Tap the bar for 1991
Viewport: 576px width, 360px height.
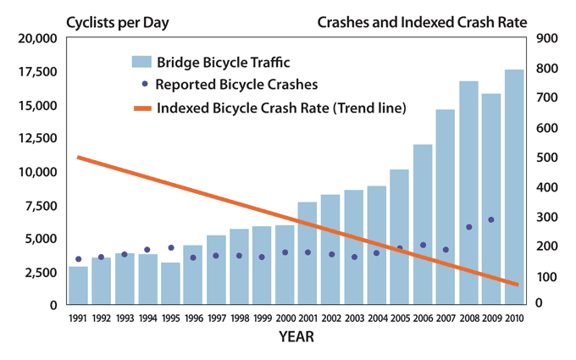coord(79,285)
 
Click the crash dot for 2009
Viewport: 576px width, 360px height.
coord(491,219)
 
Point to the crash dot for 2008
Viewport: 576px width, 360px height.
coord(468,227)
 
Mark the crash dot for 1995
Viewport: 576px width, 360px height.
coord(170,248)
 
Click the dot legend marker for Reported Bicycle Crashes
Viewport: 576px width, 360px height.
coord(145,84)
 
